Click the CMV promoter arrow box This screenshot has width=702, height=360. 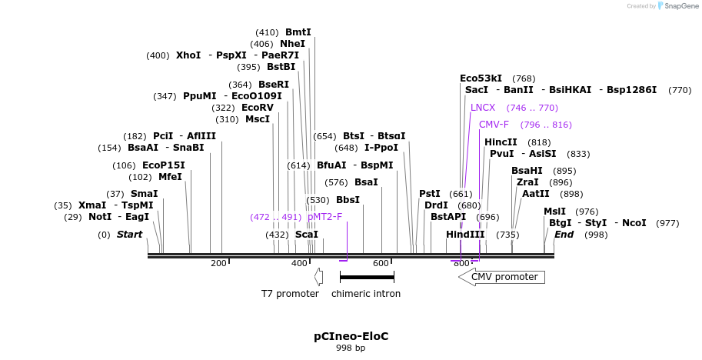point(502,277)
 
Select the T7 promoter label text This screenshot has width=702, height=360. point(290,294)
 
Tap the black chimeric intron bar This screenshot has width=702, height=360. point(367,277)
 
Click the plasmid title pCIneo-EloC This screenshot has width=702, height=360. point(351,336)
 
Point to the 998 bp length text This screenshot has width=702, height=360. point(351,348)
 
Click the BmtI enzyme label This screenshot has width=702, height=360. point(298,32)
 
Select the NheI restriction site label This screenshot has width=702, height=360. point(292,44)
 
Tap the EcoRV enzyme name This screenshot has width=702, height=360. point(258,108)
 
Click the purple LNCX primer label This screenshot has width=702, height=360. point(483,108)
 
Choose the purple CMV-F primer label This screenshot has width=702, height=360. point(494,125)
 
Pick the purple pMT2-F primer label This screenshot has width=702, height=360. point(324,217)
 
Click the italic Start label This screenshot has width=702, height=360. point(129,235)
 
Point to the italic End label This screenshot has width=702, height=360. point(564,235)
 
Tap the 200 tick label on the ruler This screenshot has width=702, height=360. point(218,264)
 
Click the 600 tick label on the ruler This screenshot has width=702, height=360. point(381,264)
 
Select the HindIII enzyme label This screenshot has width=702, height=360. point(465,235)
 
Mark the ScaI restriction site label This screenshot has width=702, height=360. point(307,235)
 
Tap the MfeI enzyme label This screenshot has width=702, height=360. point(170,177)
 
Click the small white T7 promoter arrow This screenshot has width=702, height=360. point(318,277)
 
